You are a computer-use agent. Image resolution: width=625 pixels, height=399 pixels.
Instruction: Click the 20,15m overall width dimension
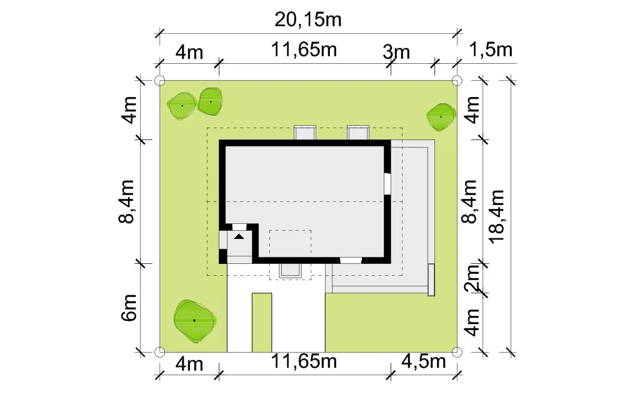pos(307,20)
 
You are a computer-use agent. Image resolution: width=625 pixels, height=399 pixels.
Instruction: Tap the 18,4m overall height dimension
pos(497,216)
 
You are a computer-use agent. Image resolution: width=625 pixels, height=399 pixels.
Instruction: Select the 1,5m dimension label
pos(490,50)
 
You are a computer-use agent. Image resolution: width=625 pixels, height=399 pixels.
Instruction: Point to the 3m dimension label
pos(396,53)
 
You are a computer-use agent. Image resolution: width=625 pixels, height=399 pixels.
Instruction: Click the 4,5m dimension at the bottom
pos(423,361)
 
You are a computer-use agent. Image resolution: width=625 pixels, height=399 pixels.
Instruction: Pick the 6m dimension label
pos(129,308)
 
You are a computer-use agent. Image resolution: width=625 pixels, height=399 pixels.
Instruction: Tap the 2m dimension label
pos(472,278)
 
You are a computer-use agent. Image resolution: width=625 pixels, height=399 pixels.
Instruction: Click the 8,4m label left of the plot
pos(127,201)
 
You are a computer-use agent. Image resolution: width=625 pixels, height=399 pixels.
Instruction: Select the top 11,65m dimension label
pos(304,50)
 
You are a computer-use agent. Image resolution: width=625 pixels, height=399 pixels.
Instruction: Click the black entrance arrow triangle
pos(239,236)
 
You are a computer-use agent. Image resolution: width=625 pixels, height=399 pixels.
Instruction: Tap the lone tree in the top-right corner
pos(441,117)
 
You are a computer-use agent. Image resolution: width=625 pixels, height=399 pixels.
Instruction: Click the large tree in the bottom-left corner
pos(195,321)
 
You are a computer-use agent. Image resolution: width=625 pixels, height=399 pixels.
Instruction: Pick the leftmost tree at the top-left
pos(182,106)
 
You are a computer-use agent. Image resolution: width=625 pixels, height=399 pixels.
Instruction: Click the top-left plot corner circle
pos(159,81)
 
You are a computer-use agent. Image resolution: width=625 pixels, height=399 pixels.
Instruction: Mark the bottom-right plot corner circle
pos(457,352)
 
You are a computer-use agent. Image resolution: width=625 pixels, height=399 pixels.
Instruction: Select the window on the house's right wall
pos(387,183)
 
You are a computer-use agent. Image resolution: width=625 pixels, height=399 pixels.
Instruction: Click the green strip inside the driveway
pos(262,323)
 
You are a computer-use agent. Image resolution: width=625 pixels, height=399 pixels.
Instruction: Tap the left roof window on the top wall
pos(305,133)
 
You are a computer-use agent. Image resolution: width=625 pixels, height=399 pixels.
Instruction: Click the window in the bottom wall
pos(351,261)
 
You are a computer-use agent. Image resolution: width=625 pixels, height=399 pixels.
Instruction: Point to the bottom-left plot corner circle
pos(159,352)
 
